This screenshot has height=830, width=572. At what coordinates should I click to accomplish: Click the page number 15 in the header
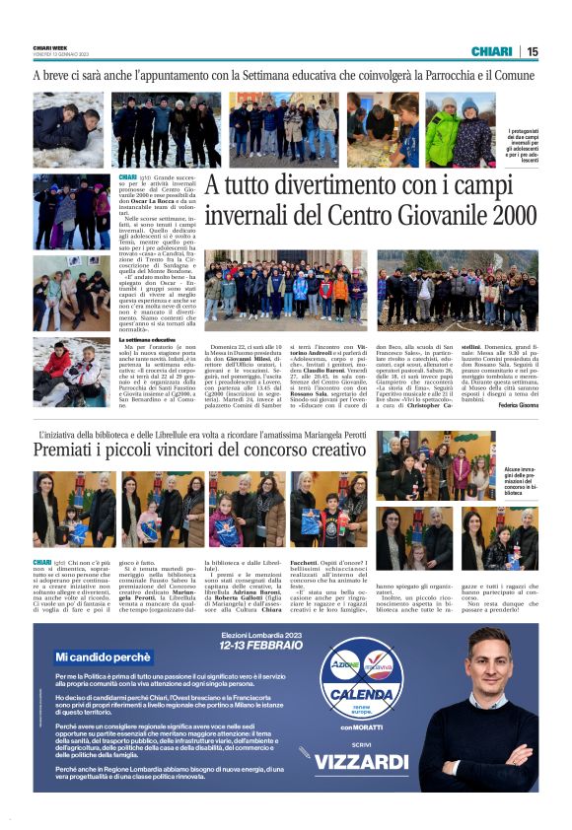tap(533, 51)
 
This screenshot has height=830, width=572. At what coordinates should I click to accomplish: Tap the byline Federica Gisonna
tap(517, 404)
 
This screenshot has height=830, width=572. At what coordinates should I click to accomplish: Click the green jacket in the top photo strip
tap(443, 138)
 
